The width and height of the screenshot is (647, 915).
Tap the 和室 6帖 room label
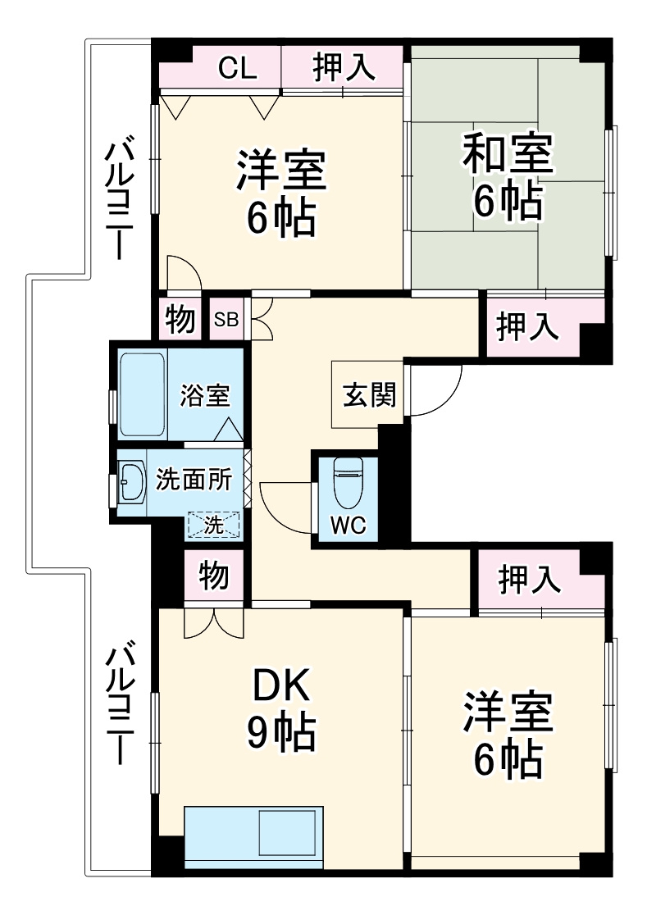point(508,177)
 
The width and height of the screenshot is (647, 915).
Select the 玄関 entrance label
point(368,395)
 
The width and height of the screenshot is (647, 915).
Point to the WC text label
point(348,526)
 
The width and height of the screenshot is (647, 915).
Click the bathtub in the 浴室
point(144,394)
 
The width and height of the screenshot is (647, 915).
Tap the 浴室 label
point(205,395)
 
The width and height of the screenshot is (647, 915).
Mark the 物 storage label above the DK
point(213,576)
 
